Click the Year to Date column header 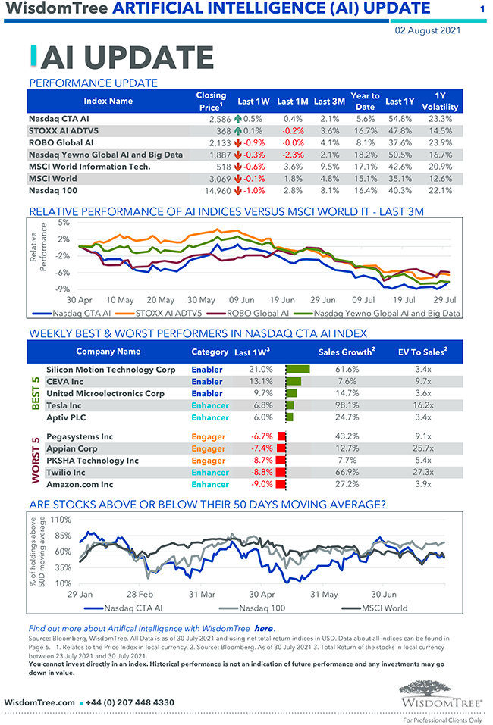(365, 101)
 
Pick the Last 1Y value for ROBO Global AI (399, 142)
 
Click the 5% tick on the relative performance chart (63, 223)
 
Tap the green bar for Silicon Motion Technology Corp (298, 370)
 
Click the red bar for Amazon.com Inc (281, 484)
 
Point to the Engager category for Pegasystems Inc (208, 436)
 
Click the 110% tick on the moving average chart (61, 520)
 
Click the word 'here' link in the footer (263, 628)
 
